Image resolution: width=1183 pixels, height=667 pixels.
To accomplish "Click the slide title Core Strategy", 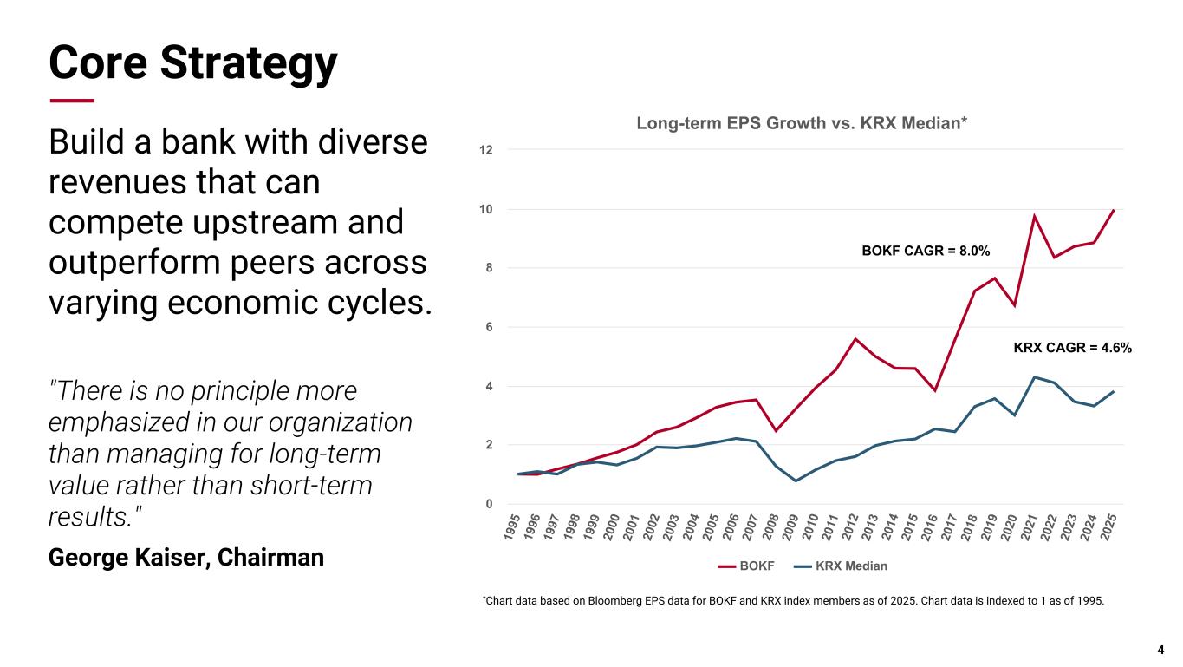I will tap(192, 62).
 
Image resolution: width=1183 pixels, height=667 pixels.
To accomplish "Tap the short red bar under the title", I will tap(71, 101).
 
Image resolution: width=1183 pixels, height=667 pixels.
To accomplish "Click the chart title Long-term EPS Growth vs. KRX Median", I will tap(802, 123).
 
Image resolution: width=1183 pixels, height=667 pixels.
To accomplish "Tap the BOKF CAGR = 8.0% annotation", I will tap(925, 251).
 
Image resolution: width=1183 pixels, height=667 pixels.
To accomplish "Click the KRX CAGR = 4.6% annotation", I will tap(1072, 348).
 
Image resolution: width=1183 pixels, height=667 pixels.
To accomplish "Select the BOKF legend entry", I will tap(746, 566).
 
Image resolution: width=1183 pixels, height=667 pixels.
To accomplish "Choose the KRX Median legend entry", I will tap(840, 566).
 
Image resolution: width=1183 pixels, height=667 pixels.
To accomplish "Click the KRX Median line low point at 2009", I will tap(796, 481).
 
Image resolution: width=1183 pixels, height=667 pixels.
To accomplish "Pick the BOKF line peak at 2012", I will tap(855, 338).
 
